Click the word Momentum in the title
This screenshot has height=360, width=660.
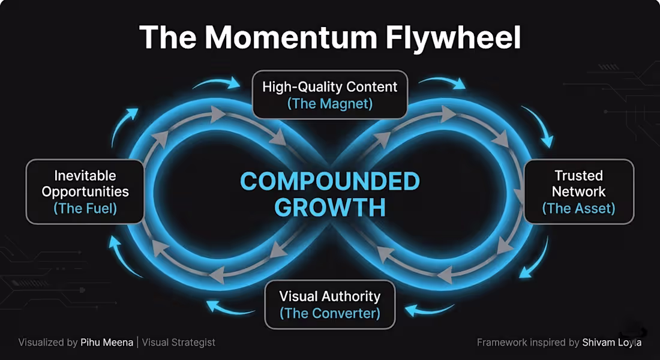(x=294, y=37)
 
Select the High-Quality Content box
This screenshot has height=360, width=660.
(x=330, y=94)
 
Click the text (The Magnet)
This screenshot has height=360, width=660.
(x=330, y=104)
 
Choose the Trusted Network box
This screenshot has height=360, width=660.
(x=579, y=191)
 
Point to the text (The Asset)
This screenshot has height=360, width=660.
(x=579, y=208)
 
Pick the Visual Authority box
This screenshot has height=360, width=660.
(x=330, y=304)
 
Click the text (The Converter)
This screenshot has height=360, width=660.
(x=330, y=313)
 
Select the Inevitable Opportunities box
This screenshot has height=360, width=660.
(x=85, y=191)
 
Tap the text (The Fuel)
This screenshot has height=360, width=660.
(x=85, y=208)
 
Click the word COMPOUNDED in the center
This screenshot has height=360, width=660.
(x=330, y=181)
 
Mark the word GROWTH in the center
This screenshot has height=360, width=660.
(x=330, y=207)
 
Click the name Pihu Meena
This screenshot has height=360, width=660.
(x=106, y=343)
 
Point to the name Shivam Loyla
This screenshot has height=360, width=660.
(x=611, y=343)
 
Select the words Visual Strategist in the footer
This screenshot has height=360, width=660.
(x=178, y=343)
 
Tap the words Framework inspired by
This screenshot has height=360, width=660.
(x=528, y=343)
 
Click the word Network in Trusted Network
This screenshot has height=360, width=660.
(x=579, y=191)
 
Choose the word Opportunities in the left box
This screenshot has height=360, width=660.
(x=85, y=192)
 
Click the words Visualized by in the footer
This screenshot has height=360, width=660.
(x=48, y=343)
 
